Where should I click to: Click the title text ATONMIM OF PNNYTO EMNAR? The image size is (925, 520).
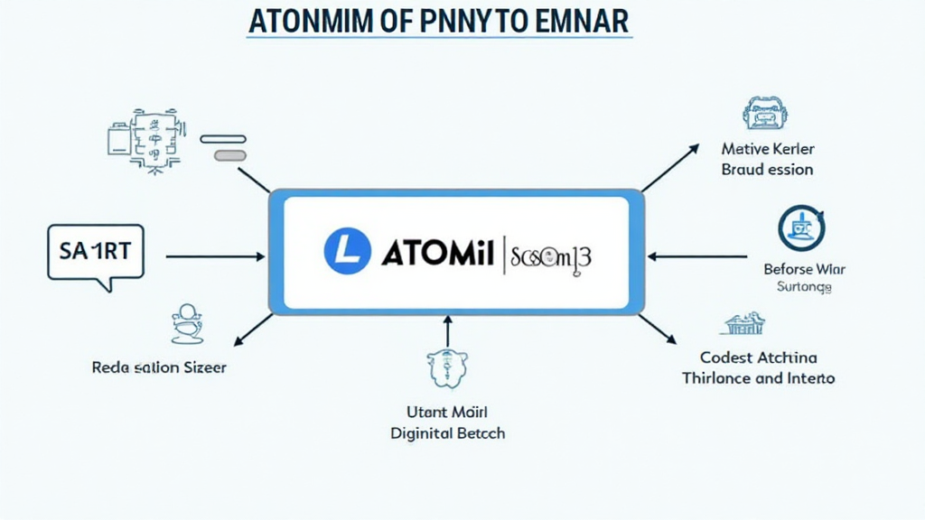coord(439,22)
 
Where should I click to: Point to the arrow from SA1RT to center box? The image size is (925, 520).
coord(215,256)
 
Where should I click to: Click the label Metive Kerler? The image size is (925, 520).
coord(768,148)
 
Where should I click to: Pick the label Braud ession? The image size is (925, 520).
coord(768,170)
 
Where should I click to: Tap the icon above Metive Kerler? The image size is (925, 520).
coord(765,115)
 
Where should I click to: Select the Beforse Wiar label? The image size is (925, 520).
coord(804,268)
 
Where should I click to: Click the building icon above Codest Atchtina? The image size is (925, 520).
coord(745,324)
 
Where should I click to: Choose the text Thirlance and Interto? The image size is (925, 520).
coord(759,378)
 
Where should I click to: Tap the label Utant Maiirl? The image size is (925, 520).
coord(448,412)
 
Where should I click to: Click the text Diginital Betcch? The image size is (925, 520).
coord(448,433)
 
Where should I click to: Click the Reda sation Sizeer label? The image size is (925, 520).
coord(159,367)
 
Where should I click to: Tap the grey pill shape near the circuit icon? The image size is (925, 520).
coord(229,155)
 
